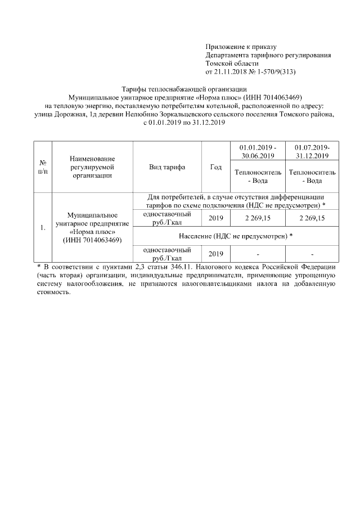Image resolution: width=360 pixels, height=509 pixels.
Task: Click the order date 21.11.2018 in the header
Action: point(231,72)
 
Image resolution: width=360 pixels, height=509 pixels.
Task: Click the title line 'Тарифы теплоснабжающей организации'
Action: point(184,89)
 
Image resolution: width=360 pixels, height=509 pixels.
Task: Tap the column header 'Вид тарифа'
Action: point(167,167)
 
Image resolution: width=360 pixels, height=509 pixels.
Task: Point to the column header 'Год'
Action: point(215,167)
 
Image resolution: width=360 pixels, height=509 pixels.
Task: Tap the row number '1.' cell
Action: point(43,228)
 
